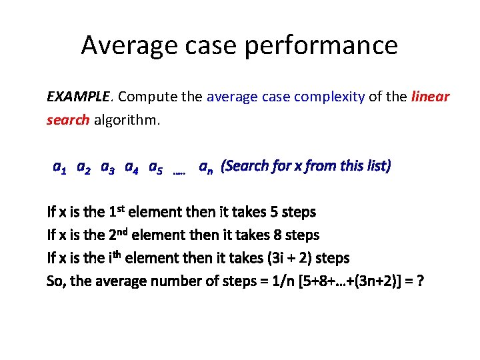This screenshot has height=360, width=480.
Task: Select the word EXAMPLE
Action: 78,97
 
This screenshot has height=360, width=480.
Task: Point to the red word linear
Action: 431,97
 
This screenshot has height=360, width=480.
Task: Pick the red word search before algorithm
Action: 68,121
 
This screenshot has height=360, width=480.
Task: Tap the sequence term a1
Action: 59,167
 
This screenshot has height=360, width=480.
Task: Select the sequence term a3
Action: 107,167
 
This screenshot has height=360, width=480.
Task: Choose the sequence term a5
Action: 155,167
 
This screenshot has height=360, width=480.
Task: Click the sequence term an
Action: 206,167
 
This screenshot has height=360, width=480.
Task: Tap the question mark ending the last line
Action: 419,281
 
